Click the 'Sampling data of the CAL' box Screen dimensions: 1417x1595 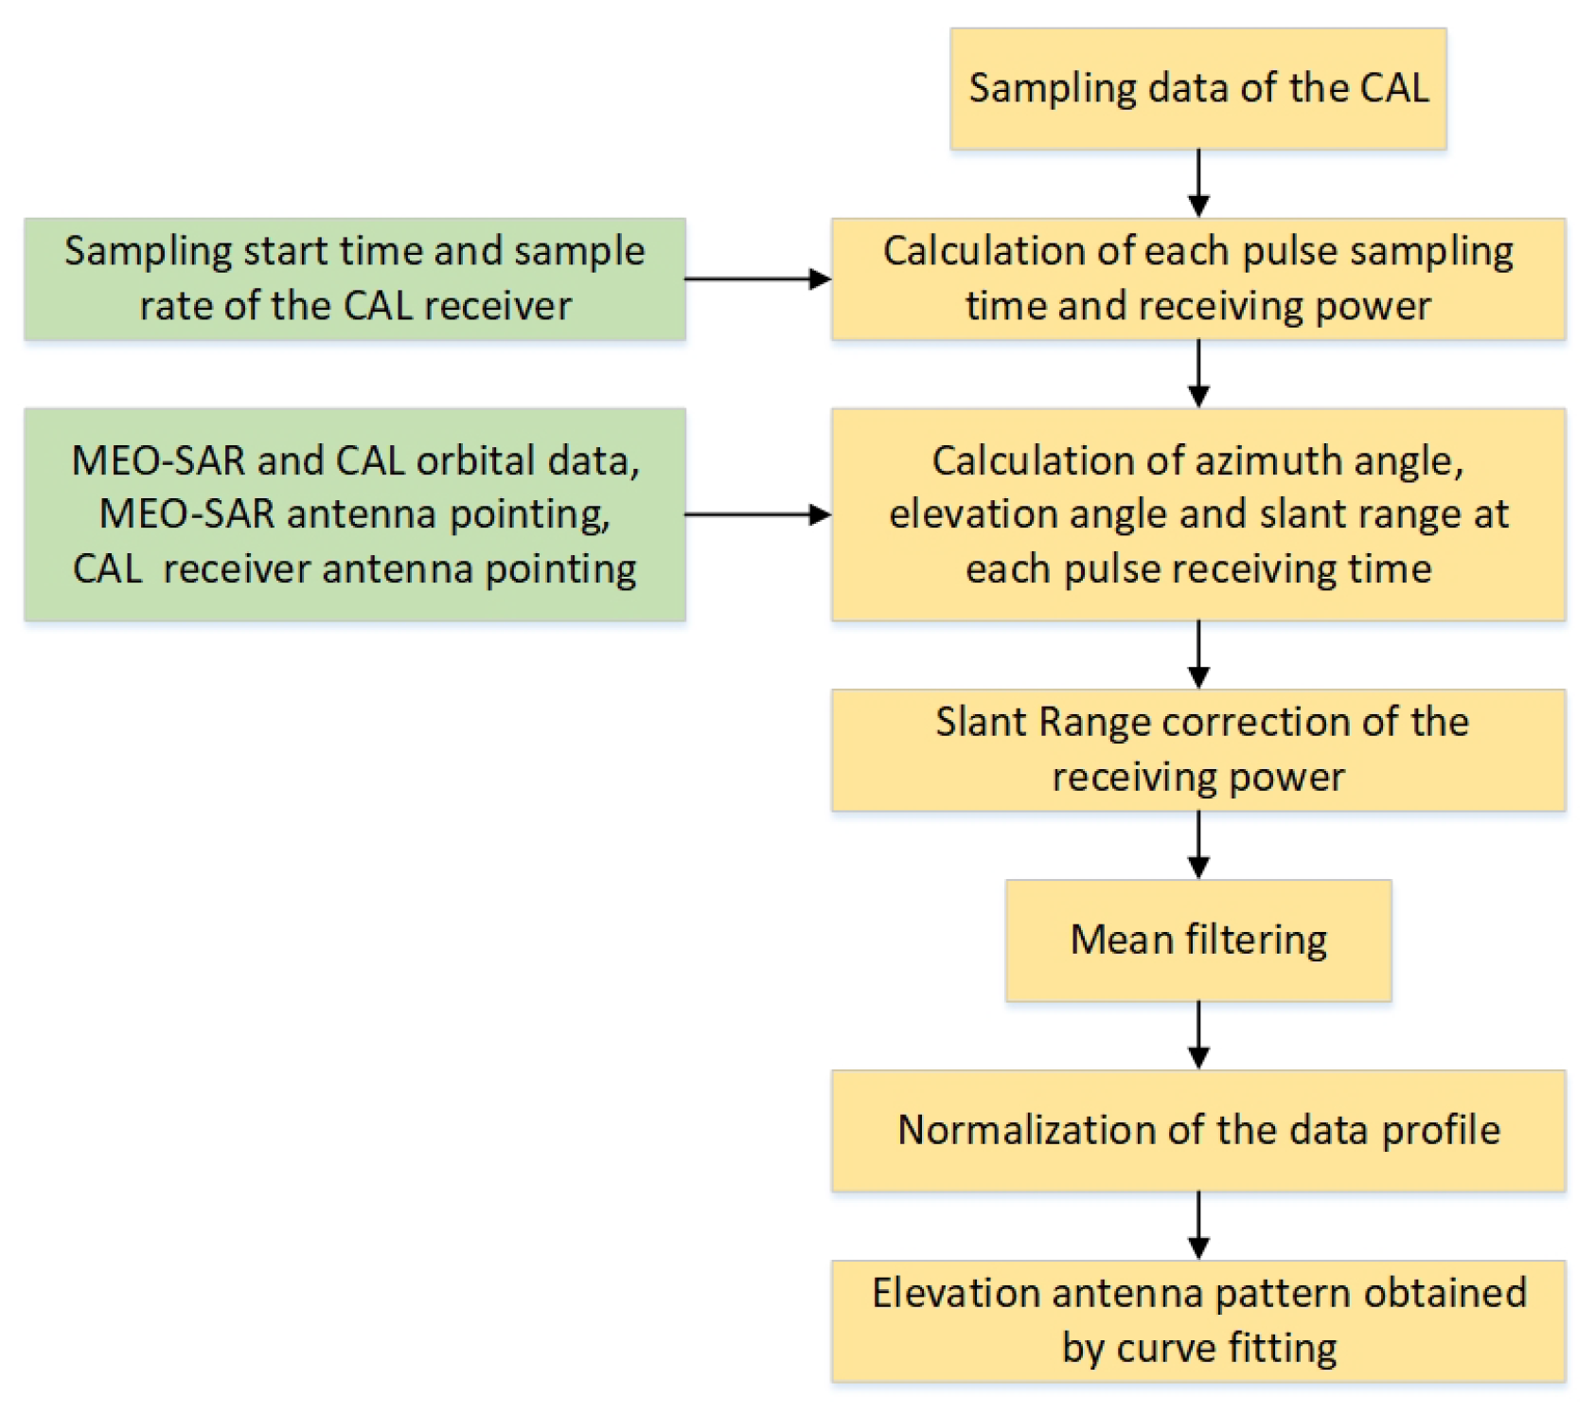(x=1197, y=89)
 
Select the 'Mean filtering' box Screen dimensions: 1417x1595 (x=1197, y=940)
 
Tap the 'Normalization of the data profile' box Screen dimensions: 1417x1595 (x=1197, y=1130)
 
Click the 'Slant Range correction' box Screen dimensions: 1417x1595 (x=1197, y=749)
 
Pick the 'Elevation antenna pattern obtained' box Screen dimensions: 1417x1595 (x=1197, y=1320)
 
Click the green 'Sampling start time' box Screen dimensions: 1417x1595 (x=355, y=278)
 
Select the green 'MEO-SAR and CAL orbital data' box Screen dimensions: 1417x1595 (x=355, y=514)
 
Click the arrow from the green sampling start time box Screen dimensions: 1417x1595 (x=757, y=278)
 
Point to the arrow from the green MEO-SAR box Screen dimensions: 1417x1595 (x=757, y=514)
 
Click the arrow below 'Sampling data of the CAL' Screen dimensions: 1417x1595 (x=1198, y=184)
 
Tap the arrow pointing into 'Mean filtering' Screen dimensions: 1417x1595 (x=1198, y=845)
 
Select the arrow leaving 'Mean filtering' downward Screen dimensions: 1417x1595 (x=1198, y=1035)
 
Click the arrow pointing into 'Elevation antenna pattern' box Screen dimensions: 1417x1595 (x=1198, y=1226)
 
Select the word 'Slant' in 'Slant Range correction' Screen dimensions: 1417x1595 (x=982, y=722)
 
